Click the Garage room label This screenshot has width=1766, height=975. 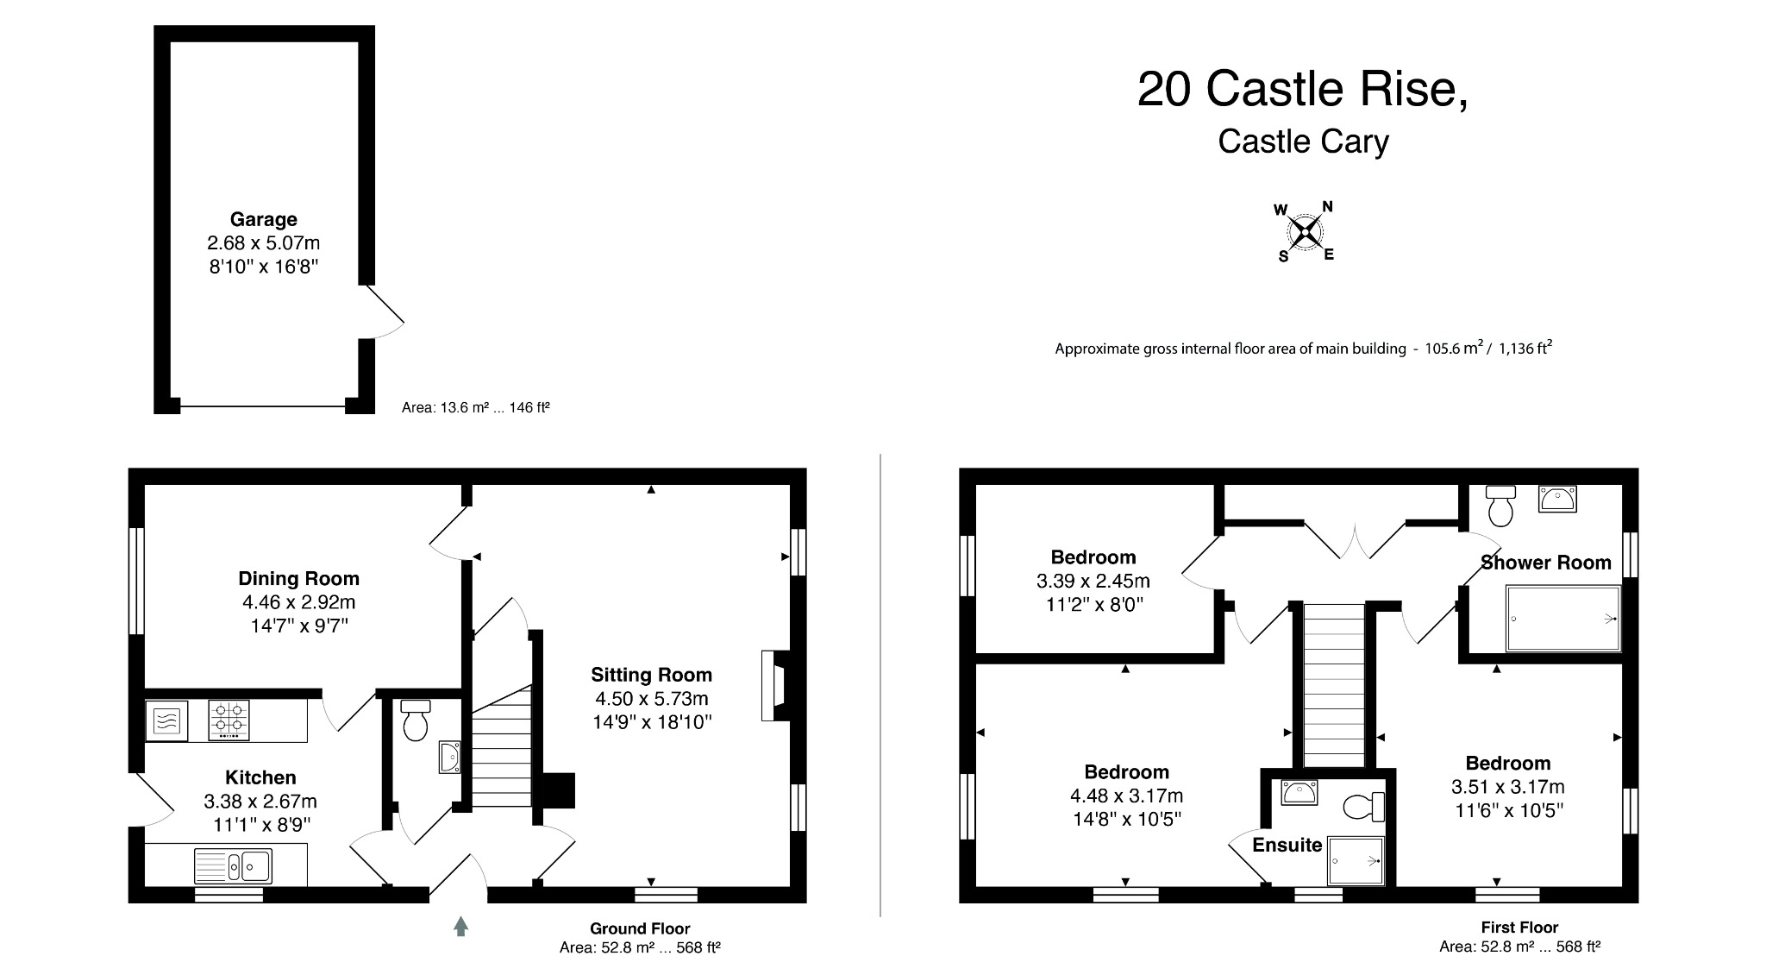[263, 219]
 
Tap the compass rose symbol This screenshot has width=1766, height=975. [1305, 231]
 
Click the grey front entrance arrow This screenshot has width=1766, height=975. [461, 927]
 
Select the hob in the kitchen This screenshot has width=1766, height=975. [229, 720]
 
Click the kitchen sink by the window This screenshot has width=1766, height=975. [233, 865]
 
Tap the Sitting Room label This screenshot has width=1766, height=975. [651, 675]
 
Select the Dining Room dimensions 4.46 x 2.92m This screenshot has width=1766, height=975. [298, 602]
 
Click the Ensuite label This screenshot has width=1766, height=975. [1287, 845]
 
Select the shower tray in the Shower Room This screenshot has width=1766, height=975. [1562, 618]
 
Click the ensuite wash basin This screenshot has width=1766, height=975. [1299, 792]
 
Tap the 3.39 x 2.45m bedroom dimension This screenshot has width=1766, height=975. [1093, 581]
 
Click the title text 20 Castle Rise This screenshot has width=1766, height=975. [1301, 89]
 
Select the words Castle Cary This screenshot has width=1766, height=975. [1303, 142]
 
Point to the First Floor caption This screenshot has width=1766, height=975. [1519, 928]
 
